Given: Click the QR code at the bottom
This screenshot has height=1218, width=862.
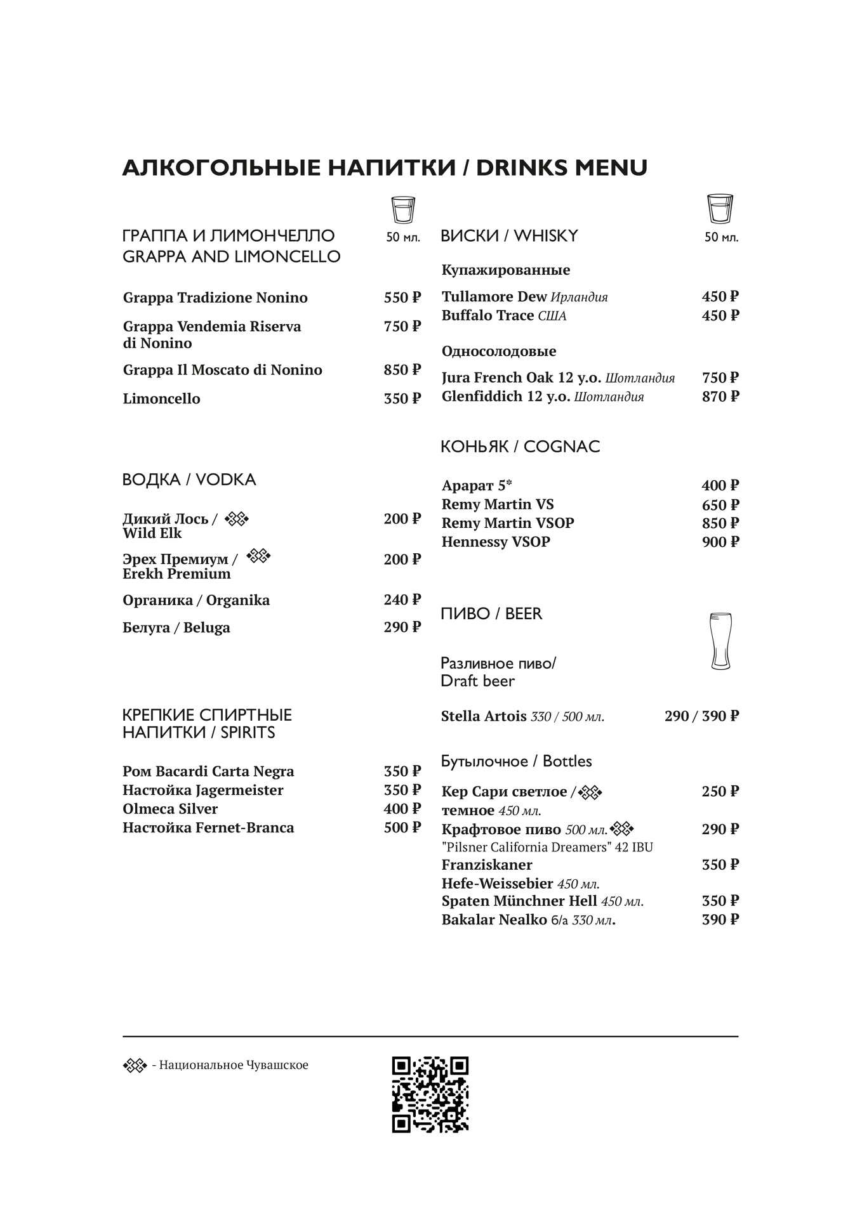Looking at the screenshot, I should click(x=430, y=1094).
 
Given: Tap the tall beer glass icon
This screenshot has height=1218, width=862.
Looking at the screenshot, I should click(x=720, y=641).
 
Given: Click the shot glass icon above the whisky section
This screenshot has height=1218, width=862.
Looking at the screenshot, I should click(x=720, y=209).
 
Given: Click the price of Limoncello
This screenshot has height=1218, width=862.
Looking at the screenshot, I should click(x=402, y=398).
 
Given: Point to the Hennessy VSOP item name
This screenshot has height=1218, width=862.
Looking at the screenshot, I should click(x=496, y=542).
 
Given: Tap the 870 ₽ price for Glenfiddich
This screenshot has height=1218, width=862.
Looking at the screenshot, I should click(x=720, y=396).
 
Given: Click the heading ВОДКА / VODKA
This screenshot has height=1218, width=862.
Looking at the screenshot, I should click(x=189, y=480).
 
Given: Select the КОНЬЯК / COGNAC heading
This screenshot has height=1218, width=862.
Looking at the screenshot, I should click(x=520, y=447).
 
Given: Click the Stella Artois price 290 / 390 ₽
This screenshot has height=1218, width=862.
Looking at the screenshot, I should click(x=701, y=716).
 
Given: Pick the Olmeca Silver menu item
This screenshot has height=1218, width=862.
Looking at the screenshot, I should click(x=170, y=809).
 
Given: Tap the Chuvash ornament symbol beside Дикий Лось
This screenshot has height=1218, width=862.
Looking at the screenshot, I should click(x=237, y=519).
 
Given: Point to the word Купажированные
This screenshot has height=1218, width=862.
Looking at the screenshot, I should click(x=506, y=270).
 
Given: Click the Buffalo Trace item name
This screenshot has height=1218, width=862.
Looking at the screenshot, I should click(x=487, y=315).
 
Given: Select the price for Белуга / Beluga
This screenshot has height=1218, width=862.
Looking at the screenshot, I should click(x=402, y=627).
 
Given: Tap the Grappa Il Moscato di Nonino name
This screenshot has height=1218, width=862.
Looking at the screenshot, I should click(x=222, y=370).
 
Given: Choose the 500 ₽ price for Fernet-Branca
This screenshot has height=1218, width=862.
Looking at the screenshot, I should click(x=402, y=828).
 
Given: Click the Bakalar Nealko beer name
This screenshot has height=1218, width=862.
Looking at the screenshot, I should click(x=494, y=920).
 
